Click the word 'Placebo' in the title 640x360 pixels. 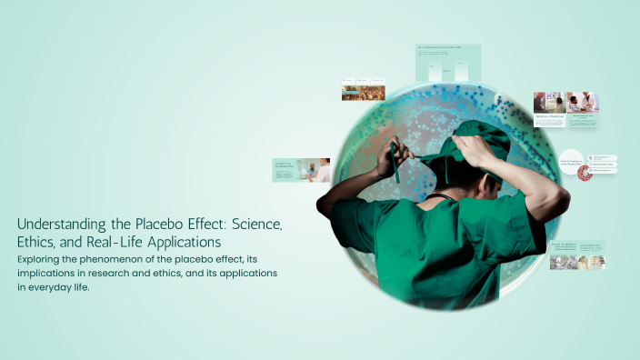tap(164, 224)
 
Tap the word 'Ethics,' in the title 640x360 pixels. tap(39, 243)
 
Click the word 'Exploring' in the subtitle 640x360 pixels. tap(44, 259)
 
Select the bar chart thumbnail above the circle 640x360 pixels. tap(448, 62)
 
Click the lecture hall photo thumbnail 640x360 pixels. tap(363, 93)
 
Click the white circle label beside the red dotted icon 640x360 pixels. tap(571, 160)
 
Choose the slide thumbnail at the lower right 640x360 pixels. tap(576, 255)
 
